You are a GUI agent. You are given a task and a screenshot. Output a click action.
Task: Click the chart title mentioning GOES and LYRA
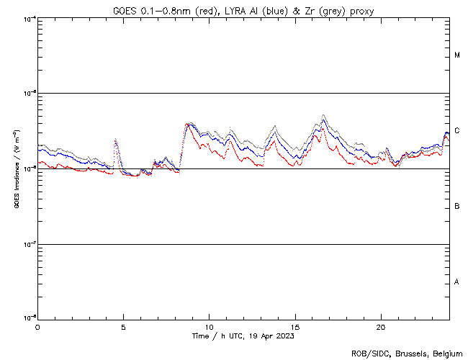click(x=243, y=11)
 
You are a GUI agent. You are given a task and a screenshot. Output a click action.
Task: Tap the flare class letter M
click(x=457, y=55)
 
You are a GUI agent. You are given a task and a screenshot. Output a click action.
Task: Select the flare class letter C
click(x=457, y=131)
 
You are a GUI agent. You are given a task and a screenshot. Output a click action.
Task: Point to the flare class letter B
click(x=457, y=207)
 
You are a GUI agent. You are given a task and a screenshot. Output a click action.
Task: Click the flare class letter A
click(x=457, y=282)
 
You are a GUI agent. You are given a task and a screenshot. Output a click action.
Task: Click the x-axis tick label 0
click(x=37, y=327)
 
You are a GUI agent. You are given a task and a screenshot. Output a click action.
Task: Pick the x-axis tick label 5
click(x=123, y=327)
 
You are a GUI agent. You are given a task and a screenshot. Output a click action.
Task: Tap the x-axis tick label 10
click(x=209, y=327)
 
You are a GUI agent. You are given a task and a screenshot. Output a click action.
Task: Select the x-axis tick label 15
click(x=295, y=327)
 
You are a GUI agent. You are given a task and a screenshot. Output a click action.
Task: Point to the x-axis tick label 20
click(x=381, y=327)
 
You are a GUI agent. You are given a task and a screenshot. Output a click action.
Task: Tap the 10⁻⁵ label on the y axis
click(x=28, y=93)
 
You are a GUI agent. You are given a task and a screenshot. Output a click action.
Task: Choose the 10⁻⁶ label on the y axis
click(x=28, y=168)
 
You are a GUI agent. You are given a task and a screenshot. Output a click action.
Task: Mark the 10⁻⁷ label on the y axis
click(x=28, y=244)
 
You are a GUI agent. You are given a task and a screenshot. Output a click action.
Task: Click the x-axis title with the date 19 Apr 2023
click(x=243, y=336)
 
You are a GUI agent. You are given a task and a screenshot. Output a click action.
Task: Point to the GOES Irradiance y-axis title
click(x=16, y=169)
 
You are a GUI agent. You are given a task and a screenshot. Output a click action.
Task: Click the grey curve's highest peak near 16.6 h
click(x=323, y=115)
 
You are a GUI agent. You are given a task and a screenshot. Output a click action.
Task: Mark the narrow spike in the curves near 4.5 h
click(x=115, y=140)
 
